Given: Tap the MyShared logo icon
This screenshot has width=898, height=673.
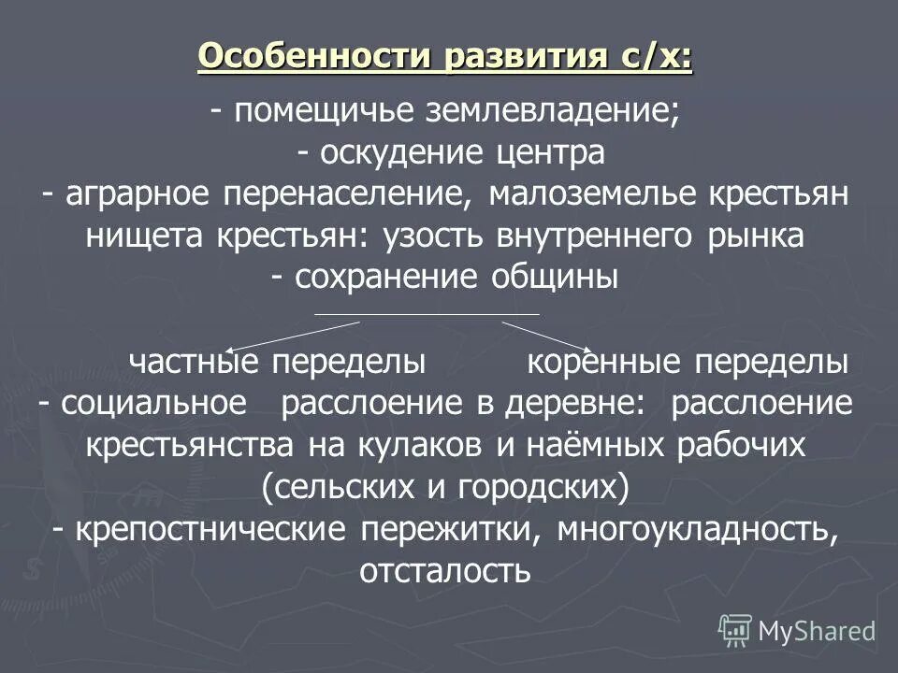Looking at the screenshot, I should (x=735, y=631).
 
